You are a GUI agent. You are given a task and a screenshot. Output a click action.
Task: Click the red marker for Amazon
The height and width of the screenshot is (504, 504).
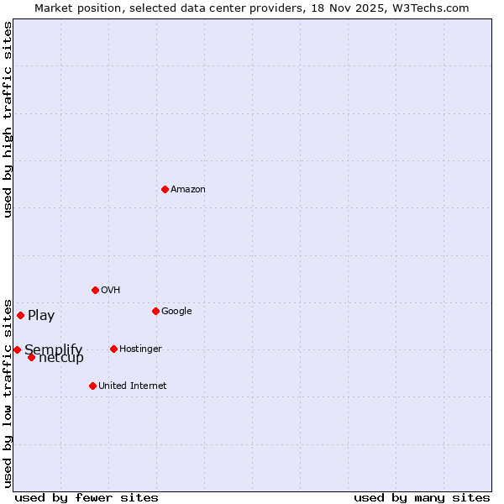point(165,189)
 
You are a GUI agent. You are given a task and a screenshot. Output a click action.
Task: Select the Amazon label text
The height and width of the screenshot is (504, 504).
point(188,190)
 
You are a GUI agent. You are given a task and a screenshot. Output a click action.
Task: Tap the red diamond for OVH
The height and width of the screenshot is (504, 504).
point(95,290)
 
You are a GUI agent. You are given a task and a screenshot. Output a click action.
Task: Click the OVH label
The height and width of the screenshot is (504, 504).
point(111,291)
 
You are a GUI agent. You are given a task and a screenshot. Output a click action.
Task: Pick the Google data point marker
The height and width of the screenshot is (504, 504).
point(155,311)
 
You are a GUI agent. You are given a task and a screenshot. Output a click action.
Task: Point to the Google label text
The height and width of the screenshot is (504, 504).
point(176,312)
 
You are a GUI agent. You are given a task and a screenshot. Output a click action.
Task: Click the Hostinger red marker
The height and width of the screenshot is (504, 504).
point(113,349)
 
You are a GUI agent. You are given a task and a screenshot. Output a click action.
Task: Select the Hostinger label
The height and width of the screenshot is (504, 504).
point(140,349)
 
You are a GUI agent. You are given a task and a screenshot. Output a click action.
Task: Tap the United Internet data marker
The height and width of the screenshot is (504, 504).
point(92,386)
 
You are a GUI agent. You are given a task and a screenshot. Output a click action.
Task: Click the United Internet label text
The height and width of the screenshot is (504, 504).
point(133,386)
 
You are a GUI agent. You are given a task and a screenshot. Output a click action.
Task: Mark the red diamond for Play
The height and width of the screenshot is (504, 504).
point(20,315)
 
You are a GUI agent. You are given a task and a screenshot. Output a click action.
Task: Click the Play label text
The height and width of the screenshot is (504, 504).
point(41,316)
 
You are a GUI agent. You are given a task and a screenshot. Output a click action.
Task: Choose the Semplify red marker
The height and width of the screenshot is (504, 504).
point(17,349)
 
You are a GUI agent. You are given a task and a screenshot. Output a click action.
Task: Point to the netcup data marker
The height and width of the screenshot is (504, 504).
point(31,357)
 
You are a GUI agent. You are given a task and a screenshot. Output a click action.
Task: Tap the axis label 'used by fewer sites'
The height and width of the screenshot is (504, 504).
point(87,497)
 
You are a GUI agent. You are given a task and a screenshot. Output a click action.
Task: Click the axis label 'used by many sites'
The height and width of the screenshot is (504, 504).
point(422,497)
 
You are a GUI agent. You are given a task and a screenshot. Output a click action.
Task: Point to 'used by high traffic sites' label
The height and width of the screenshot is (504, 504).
point(8,119)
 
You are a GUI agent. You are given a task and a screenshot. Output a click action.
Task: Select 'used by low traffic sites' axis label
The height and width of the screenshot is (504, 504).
point(8,392)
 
